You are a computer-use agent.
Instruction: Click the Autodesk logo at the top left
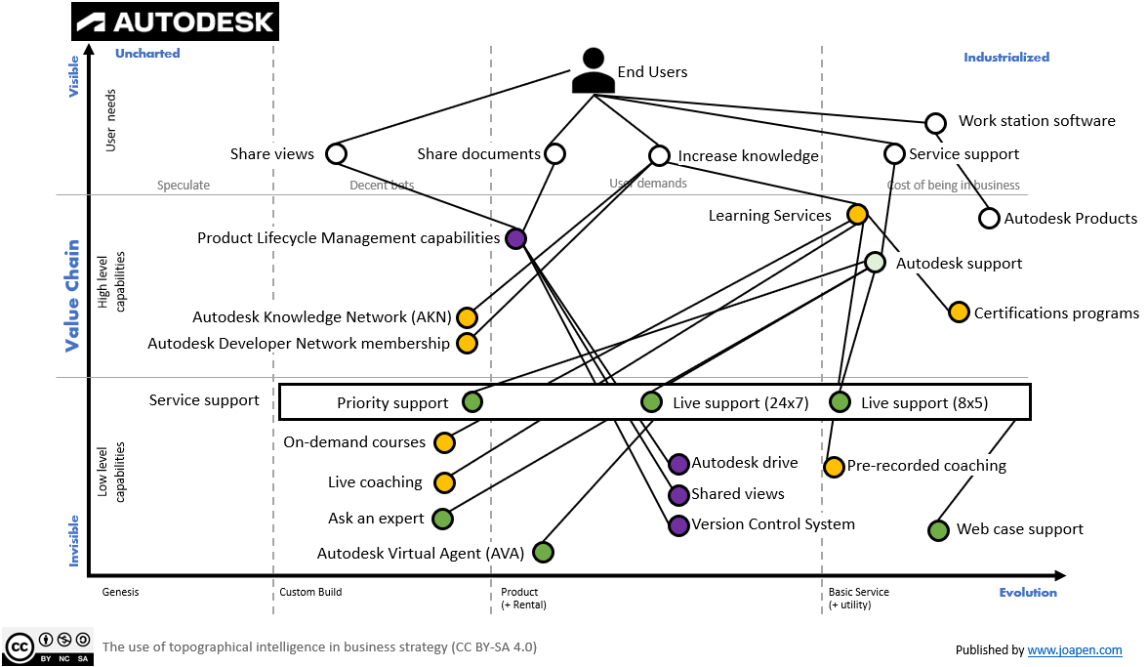(176, 21)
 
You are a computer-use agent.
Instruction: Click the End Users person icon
(593, 71)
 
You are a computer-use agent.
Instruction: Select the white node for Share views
(336, 153)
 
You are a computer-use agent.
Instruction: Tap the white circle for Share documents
(554, 153)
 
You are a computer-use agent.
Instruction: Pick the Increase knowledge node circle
(659, 155)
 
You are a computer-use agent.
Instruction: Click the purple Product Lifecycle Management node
(516, 238)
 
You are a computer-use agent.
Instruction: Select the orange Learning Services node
(856, 215)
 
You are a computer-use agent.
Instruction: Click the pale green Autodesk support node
(875, 263)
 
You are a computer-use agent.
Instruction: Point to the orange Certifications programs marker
(959, 313)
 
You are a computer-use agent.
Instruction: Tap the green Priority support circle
(471, 401)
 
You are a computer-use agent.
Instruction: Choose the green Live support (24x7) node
(651, 401)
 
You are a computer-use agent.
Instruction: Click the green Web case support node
(937, 529)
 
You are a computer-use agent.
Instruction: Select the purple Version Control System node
(678, 525)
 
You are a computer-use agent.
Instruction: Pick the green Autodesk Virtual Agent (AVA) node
(543, 553)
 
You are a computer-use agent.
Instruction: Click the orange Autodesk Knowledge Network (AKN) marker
(467, 317)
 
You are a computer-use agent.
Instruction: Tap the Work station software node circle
(935, 122)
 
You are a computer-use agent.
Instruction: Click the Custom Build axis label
(310, 592)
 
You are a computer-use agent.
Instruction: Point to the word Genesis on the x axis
(120, 592)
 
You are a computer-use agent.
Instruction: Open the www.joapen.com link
(1074, 649)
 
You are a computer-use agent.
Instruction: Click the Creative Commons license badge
(48, 646)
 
